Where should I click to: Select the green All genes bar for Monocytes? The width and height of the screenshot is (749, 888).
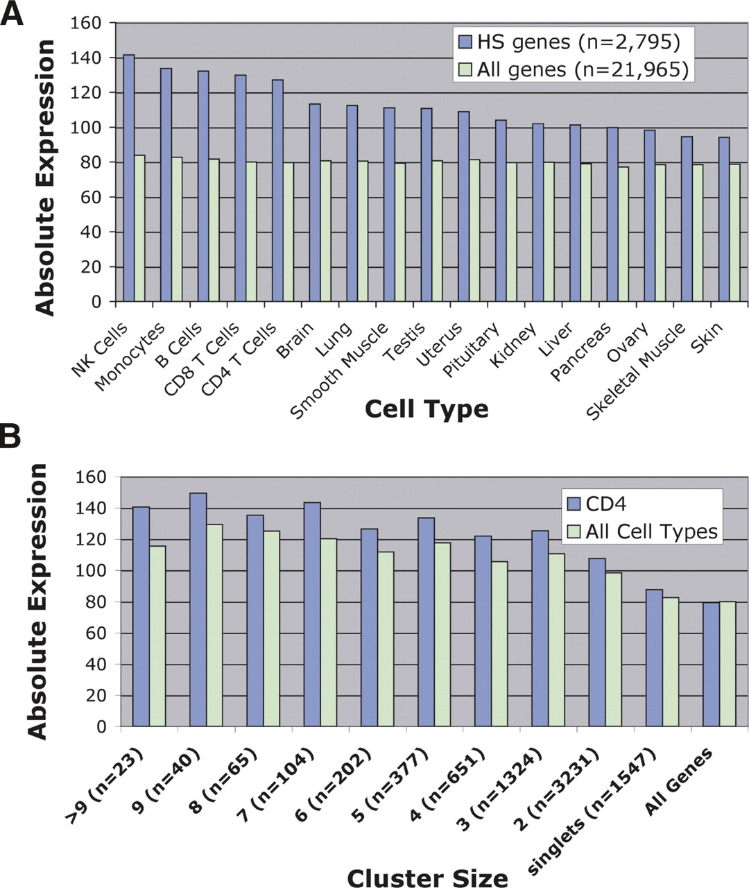tap(176, 230)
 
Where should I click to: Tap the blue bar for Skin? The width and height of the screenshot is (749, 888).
tap(723, 219)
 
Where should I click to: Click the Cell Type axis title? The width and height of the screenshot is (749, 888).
tap(426, 409)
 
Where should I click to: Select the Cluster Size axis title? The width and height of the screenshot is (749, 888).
tap(427, 877)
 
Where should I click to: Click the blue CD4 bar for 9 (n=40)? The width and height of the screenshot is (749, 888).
tap(198, 610)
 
